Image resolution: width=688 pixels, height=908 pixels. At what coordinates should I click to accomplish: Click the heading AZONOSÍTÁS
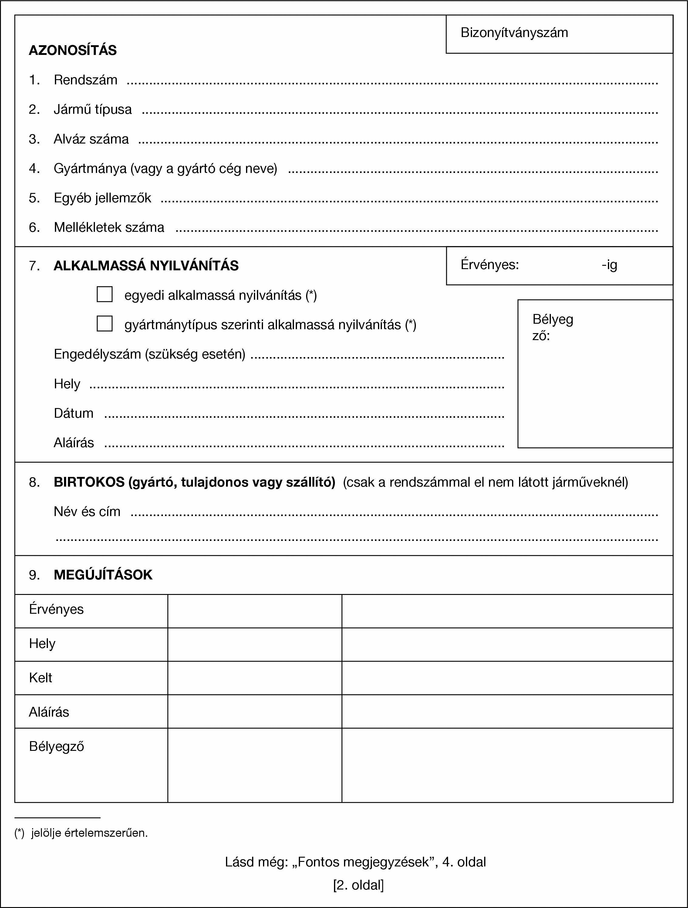tap(73, 50)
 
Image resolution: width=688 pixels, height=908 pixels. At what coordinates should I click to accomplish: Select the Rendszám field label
tap(85, 79)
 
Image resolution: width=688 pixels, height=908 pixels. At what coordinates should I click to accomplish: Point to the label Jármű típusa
tap(93, 110)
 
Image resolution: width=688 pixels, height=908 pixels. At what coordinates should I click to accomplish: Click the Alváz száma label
tap(91, 139)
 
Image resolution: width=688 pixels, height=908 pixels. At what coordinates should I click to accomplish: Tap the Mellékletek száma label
tap(109, 228)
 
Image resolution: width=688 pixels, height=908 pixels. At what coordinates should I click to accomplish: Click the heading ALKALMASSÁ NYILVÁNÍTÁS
tap(146, 266)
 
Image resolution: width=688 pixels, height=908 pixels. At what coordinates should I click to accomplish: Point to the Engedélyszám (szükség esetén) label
tap(150, 354)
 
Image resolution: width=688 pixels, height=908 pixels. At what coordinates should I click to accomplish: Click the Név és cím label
tap(87, 511)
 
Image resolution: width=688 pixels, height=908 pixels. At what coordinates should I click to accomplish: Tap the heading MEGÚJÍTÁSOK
tap(103, 575)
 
